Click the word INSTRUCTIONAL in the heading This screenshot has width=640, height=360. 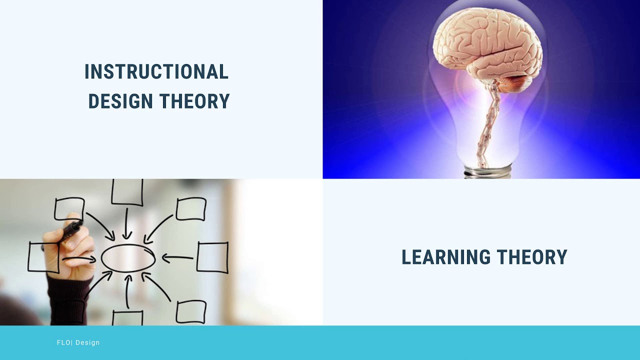tap(156, 72)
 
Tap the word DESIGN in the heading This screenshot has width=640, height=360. tap(120, 101)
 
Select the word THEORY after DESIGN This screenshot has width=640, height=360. tap(194, 101)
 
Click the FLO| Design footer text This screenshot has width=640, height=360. tap(78, 342)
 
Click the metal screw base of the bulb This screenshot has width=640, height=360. tap(487, 172)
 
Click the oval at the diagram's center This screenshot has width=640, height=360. tap(128, 258)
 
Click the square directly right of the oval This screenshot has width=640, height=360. tap(212, 257)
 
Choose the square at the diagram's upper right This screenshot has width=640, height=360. tap(191, 209)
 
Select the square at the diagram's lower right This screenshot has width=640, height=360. tap(191, 311)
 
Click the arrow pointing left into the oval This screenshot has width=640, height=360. tap(177, 258)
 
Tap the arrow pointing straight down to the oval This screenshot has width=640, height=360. tap(127, 222)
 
